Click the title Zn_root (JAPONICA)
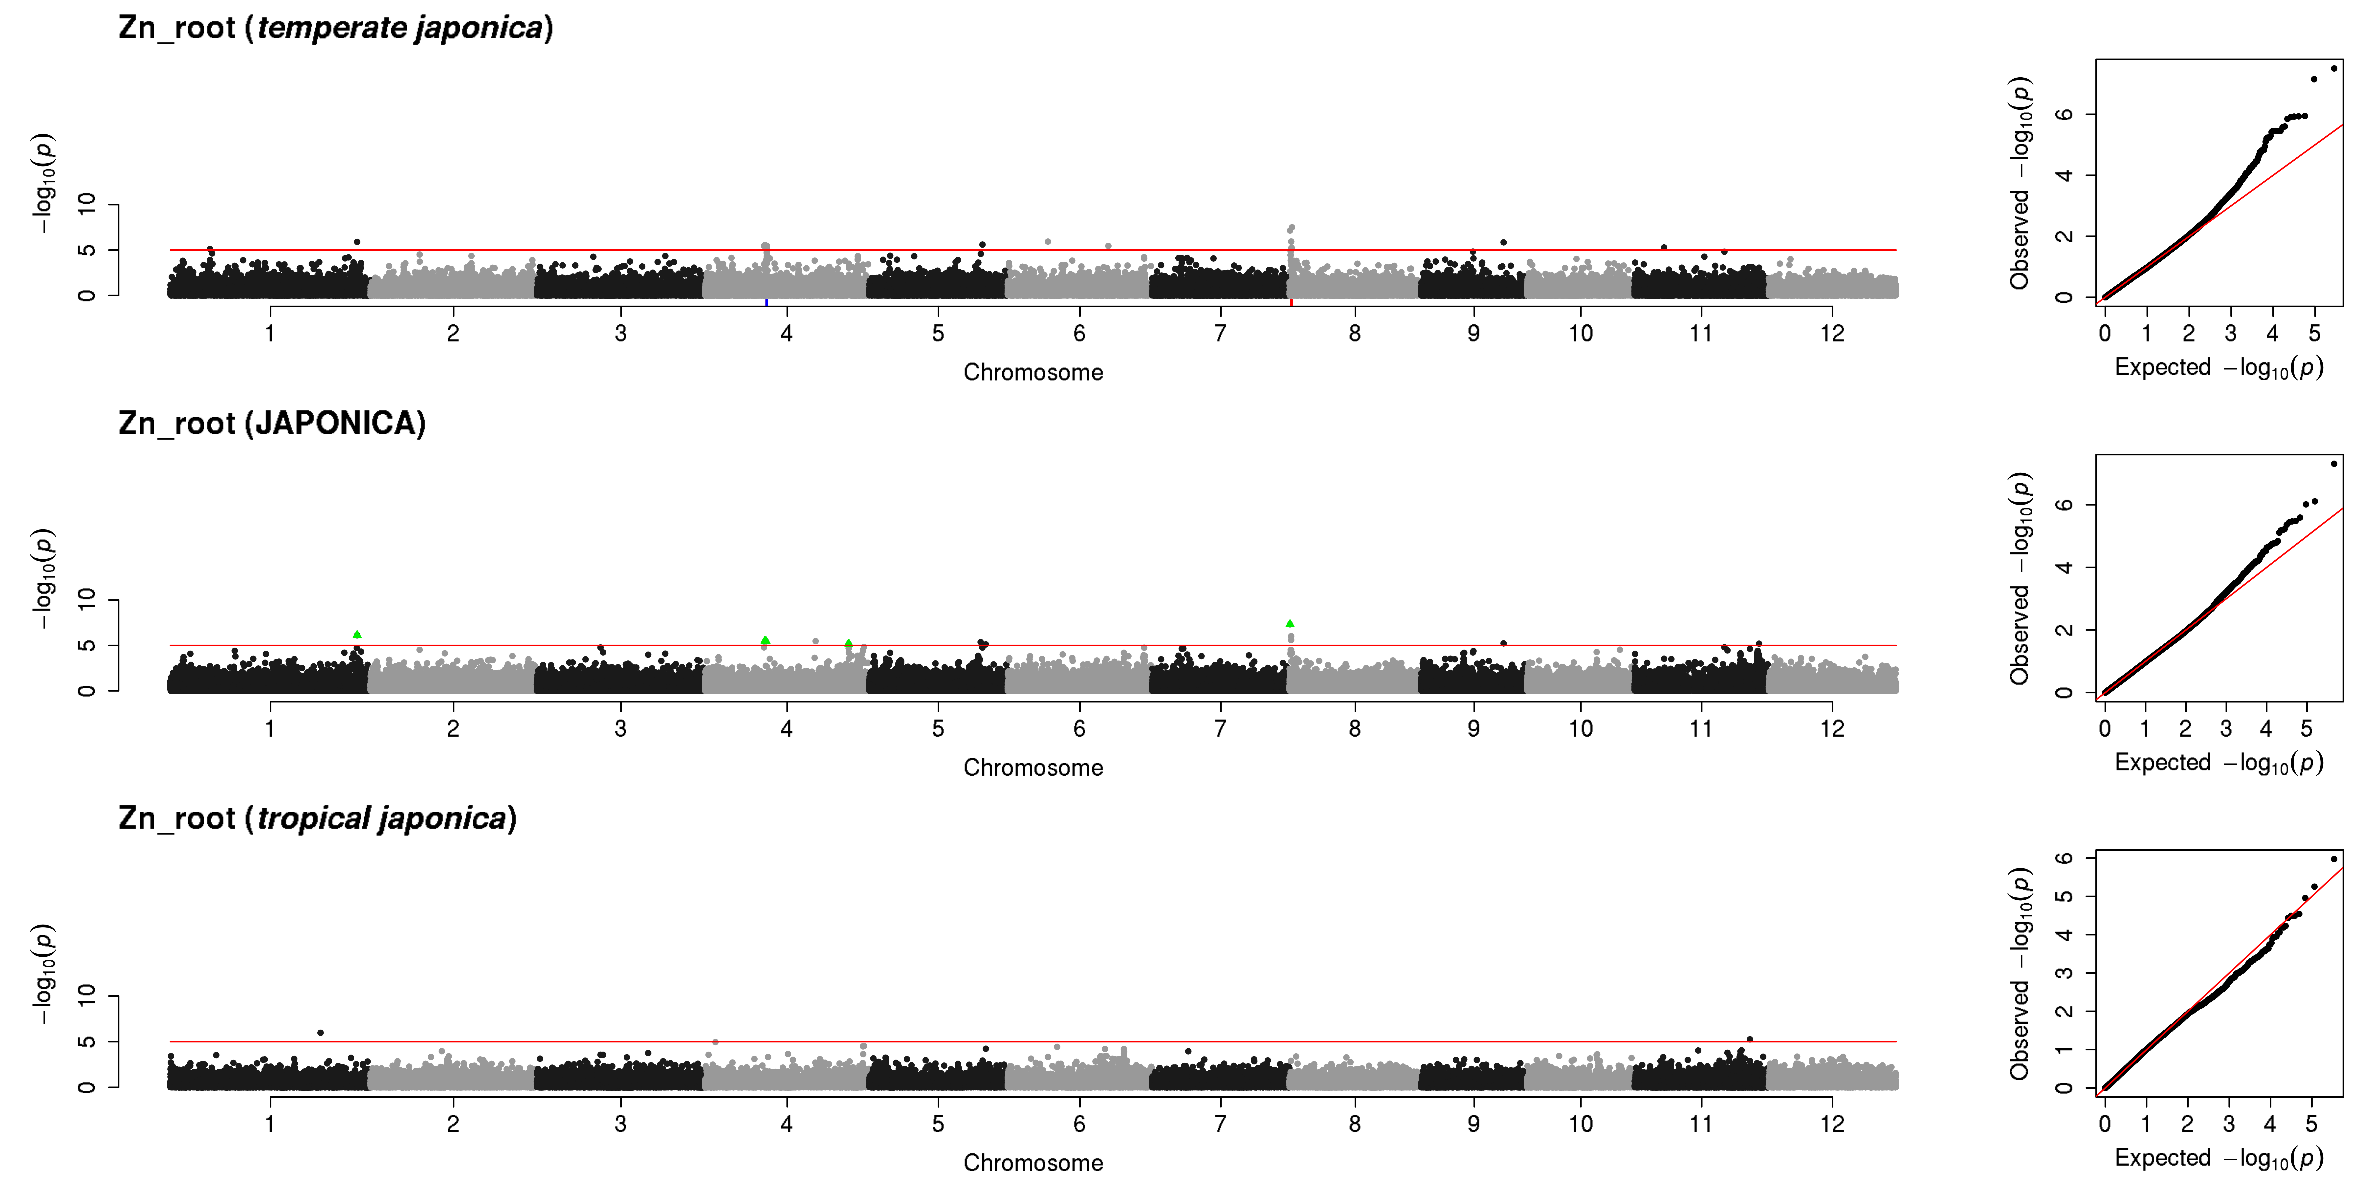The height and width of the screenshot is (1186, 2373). [272, 424]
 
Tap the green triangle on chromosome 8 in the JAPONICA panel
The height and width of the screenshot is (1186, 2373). [1290, 623]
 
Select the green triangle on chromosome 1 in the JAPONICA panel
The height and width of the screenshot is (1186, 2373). [356, 635]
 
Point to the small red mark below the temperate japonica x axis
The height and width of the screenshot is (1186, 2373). [1291, 302]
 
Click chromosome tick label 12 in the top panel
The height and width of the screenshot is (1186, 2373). [1832, 333]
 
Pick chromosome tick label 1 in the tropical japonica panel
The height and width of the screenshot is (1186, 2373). [270, 1123]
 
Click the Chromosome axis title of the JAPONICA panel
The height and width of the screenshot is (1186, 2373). [1033, 768]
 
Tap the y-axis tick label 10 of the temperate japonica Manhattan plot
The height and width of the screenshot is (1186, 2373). [87, 204]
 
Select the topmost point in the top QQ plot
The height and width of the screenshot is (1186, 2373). [2333, 68]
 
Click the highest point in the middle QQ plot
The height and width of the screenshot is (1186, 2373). [2333, 463]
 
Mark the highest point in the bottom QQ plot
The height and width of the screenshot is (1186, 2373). [2333, 859]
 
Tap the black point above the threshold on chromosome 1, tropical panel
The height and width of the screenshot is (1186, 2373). [320, 1033]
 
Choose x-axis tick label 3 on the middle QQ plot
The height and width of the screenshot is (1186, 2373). [2226, 728]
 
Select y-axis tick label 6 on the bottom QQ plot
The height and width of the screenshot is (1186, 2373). [2065, 858]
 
